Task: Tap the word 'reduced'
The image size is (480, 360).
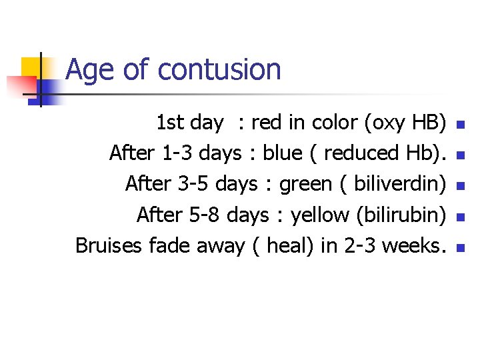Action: (359, 153)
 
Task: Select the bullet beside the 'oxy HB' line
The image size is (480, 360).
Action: (458, 125)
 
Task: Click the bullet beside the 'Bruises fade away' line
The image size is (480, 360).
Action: (458, 247)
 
